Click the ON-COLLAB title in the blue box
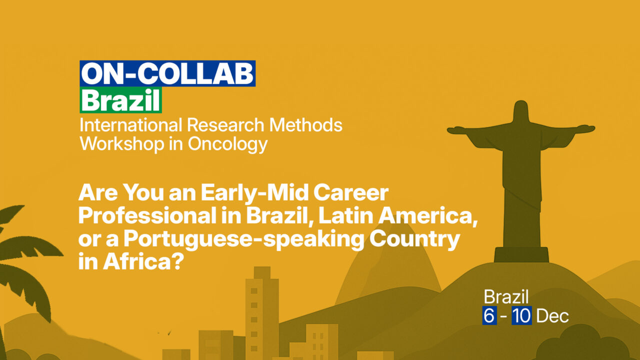[167, 74]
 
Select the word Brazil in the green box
[121, 101]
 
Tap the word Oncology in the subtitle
[227, 144]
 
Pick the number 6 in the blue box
[489, 316]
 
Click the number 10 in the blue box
[521, 316]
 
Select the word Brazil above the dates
[506, 297]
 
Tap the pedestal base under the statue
[521, 254]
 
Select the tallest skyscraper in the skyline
[261, 310]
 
